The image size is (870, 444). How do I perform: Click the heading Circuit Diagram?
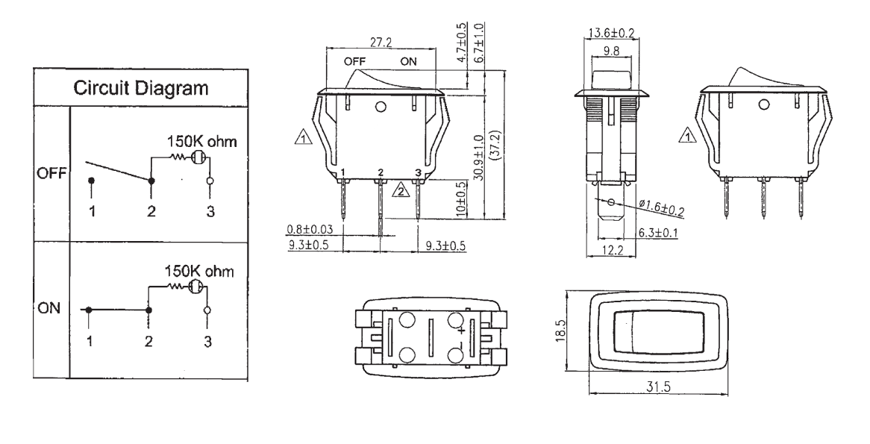point(140,89)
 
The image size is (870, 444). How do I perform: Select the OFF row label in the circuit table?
point(51,175)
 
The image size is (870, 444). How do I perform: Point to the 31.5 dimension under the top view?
point(654,385)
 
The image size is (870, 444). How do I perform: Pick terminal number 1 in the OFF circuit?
point(92,212)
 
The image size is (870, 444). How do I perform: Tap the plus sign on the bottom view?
point(462,329)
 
